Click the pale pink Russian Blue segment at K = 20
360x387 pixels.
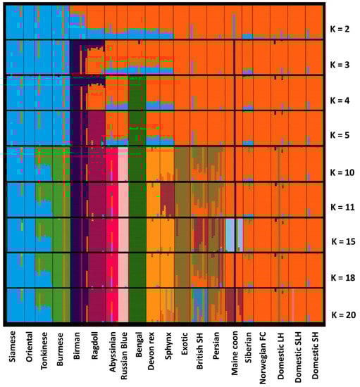point(123,306)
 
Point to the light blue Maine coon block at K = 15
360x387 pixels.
point(230,234)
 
